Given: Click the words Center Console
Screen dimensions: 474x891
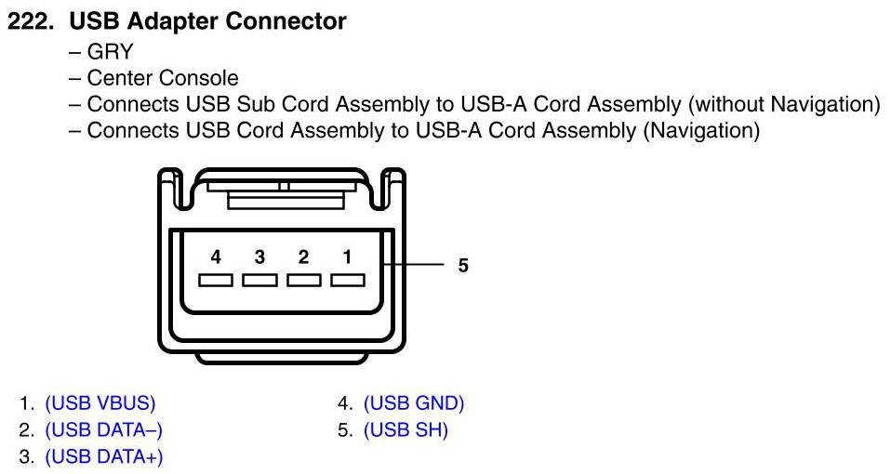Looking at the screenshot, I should (x=163, y=78).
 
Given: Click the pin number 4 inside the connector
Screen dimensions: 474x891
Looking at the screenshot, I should (x=215, y=256).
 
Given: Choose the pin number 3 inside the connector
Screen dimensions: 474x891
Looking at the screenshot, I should (x=259, y=256).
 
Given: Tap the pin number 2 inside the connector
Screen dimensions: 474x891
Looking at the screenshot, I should (x=303, y=256).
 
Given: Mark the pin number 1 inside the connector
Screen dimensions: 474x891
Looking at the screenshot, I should (x=347, y=256).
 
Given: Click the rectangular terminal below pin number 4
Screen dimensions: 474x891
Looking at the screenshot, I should (x=215, y=280).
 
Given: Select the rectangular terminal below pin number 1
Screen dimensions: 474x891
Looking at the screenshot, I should (x=347, y=280).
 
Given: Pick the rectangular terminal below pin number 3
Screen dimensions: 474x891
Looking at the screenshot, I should (x=259, y=280).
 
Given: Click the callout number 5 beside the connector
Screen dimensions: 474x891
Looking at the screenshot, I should (x=463, y=266).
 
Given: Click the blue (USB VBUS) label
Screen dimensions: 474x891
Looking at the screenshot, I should (x=100, y=404).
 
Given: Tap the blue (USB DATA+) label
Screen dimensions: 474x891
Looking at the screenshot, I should (x=104, y=457).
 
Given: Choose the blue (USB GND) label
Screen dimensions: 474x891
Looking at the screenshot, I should (x=414, y=404).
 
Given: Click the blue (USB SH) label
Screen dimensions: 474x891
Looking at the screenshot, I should (x=406, y=430).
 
